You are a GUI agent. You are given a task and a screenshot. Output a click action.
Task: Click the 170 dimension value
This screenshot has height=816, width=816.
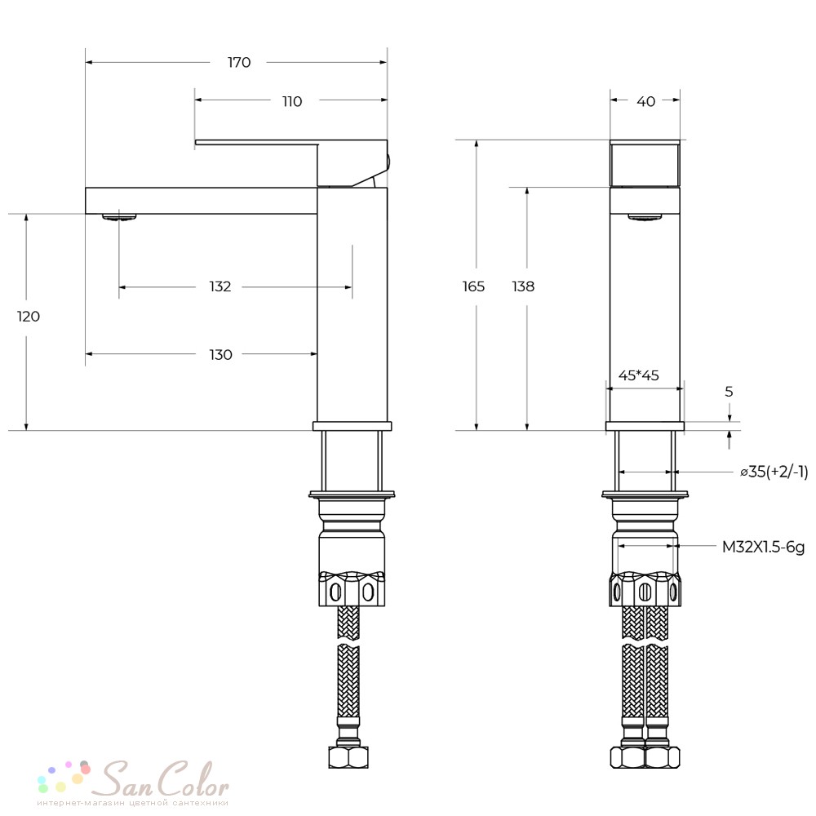point(239,63)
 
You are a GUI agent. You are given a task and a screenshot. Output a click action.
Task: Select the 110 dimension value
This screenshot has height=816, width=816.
point(292,101)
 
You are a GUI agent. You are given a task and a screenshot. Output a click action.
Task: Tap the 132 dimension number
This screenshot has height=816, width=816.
point(220,286)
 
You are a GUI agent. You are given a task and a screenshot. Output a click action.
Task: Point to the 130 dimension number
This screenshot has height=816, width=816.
point(220,355)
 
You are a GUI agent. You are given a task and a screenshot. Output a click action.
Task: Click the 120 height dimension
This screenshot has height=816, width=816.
point(28,317)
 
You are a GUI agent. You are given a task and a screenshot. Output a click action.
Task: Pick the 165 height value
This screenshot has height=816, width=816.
point(473,286)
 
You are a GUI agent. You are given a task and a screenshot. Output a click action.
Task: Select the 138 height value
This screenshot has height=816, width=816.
point(523,286)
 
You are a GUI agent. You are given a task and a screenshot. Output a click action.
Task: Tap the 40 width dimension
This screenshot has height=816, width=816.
point(645,101)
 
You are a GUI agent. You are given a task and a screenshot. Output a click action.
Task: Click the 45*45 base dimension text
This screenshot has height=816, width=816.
point(639,375)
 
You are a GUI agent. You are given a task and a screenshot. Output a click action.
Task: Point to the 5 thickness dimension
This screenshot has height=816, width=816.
point(729,392)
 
